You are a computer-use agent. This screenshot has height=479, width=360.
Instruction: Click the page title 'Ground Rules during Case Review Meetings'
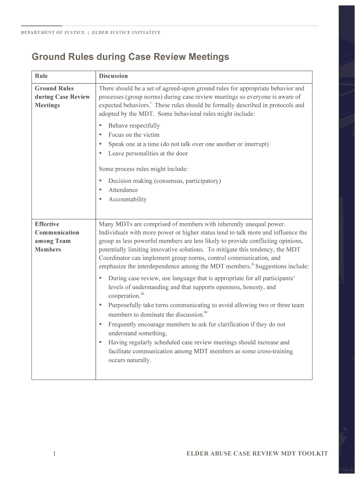(x=130, y=57)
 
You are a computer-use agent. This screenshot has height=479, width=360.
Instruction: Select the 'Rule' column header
(x=41, y=76)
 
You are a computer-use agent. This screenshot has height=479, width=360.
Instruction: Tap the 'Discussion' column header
(x=113, y=76)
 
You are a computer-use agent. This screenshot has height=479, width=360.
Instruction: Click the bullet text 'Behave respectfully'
(x=134, y=125)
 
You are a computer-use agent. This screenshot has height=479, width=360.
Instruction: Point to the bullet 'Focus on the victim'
(x=134, y=135)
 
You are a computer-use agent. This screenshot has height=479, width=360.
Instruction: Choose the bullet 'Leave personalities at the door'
(x=148, y=153)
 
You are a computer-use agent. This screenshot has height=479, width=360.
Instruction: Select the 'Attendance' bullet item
(x=123, y=190)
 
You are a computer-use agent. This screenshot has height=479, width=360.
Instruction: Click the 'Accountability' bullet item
(x=127, y=199)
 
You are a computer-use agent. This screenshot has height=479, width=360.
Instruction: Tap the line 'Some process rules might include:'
(x=143, y=169)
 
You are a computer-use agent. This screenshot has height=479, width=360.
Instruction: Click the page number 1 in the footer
(x=55, y=453)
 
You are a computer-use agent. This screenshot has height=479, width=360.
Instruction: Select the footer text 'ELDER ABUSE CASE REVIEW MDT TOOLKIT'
(x=257, y=454)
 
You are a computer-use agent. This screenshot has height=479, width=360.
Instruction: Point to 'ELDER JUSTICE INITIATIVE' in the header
(x=126, y=33)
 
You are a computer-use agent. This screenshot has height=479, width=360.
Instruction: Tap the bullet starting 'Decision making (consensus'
(x=165, y=181)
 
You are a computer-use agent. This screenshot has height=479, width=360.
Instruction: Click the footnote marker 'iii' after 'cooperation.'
(x=142, y=293)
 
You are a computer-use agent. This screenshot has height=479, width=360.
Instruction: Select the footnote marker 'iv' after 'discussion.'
(x=206, y=312)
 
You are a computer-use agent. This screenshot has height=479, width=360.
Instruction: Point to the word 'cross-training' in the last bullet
(x=274, y=351)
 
